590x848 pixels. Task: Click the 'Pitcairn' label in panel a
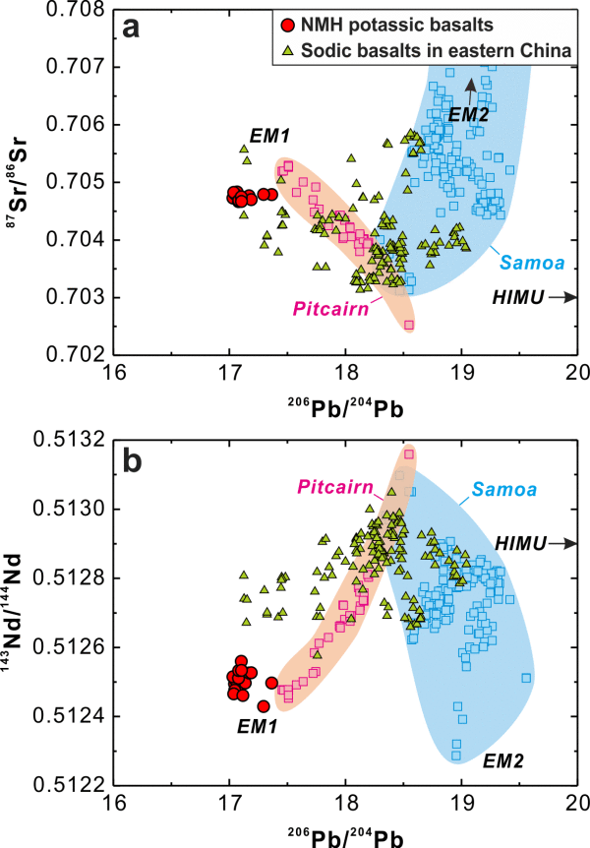coord(329,309)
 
